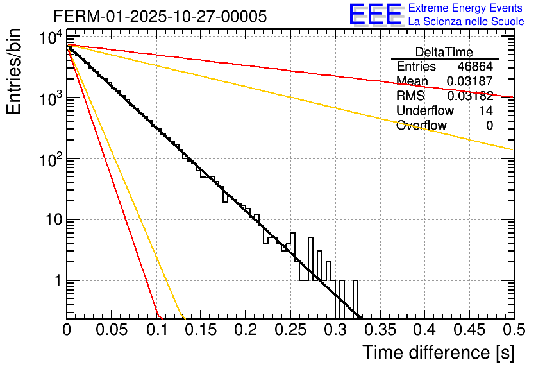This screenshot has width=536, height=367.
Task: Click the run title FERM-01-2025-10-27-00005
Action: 160,16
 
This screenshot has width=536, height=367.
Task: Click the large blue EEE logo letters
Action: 375,15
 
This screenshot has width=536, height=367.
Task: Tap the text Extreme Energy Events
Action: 466,8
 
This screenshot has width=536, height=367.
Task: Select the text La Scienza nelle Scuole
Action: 466,21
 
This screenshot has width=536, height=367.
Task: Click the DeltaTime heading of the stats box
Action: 444,52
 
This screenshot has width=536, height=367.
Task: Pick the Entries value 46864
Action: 475,67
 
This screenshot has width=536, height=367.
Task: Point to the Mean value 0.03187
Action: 470,81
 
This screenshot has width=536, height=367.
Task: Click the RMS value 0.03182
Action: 470,96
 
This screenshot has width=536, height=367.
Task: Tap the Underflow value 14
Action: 486,111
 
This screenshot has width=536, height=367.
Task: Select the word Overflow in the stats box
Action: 421,126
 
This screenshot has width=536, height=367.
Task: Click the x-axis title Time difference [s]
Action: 437,352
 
